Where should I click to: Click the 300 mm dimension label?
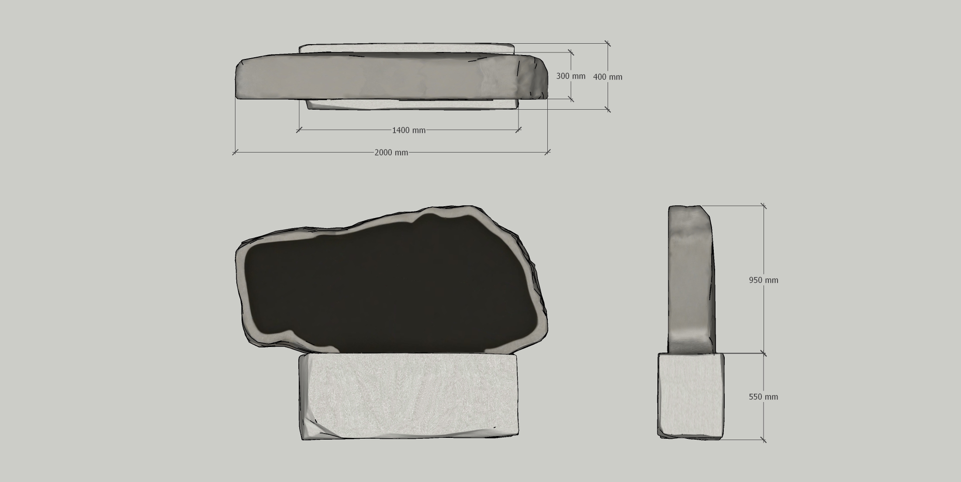[570, 76]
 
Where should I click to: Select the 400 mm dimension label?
[608, 77]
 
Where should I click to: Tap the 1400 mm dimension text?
[408, 130]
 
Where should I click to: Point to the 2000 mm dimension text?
[391, 153]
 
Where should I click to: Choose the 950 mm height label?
[764, 280]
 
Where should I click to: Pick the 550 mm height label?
[764, 397]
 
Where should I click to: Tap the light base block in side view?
[691, 395]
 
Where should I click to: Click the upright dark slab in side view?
[691, 280]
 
